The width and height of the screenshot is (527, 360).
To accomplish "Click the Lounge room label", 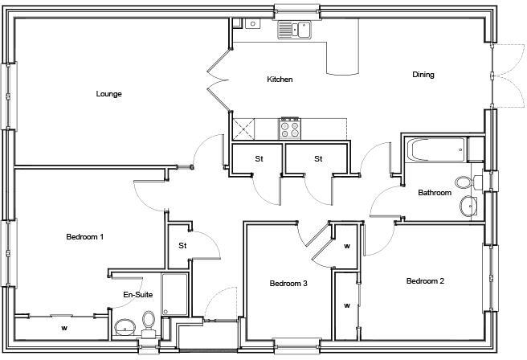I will point(108,94).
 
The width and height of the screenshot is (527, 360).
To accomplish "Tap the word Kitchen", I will point(280,80).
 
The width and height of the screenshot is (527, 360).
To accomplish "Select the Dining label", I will point(423,75).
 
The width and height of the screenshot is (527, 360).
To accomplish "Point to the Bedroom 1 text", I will point(84,237).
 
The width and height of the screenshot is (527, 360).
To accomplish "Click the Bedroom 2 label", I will point(425,280).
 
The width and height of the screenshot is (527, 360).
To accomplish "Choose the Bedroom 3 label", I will point(288,284).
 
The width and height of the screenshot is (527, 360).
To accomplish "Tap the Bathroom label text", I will point(435,193).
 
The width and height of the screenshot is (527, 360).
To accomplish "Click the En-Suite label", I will point(137,295).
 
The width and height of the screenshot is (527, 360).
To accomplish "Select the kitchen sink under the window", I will point(295,31).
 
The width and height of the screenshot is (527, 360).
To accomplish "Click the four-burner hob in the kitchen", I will point(289,128).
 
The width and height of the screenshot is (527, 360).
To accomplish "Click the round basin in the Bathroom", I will point(468,208).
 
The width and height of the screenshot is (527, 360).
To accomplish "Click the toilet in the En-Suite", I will point(149,322).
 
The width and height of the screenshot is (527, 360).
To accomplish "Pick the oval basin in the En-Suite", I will point(125,327).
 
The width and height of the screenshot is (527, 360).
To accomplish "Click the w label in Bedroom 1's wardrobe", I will point(63,328).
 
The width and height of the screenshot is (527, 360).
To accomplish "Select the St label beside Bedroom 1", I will point(182,245).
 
